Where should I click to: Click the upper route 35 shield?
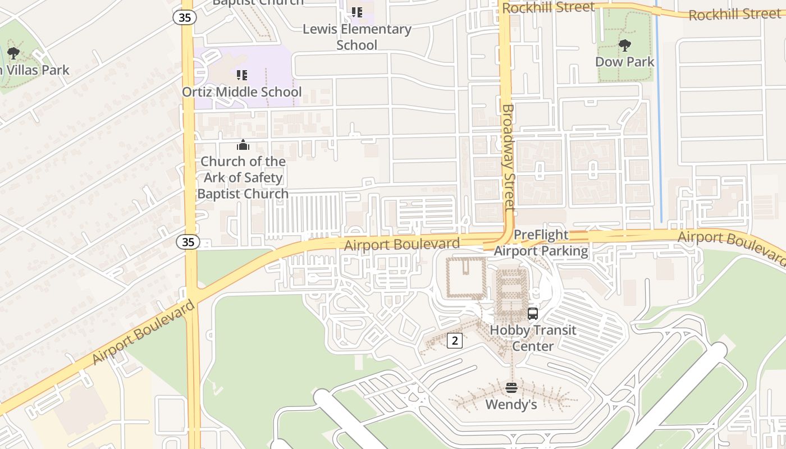(185, 17)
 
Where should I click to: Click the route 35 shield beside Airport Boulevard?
(188, 242)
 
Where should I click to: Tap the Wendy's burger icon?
(511, 388)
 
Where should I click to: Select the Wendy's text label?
(511, 404)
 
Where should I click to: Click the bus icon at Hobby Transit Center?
(533, 314)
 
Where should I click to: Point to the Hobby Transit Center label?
(533, 338)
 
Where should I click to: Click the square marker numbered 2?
(455, 340)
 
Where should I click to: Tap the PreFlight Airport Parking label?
(541, 243)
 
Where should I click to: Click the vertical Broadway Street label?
(508, 157)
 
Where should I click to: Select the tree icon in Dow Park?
(624, 45)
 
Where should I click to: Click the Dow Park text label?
(624, 62)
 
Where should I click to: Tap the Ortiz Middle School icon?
(242, 75)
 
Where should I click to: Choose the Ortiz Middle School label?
(242, 91)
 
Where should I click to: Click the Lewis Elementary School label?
(357, 36)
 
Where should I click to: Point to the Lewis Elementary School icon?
(357, 12)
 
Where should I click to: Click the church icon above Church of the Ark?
(243, 145)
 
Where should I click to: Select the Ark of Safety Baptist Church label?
(243, 177)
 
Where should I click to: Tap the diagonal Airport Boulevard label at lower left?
(143, 332)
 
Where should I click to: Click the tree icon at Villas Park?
(13, 54)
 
